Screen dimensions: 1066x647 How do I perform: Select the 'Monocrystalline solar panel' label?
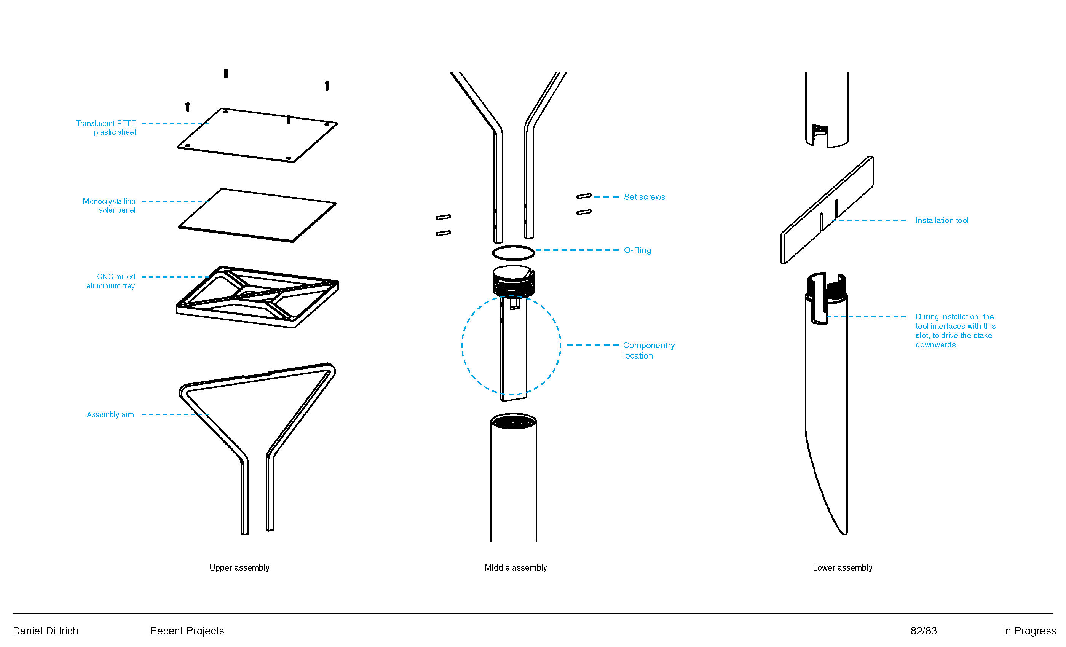(109, 206)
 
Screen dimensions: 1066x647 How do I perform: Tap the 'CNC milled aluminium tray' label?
(111, 281)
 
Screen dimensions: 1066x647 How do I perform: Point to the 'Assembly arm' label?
(110, 414)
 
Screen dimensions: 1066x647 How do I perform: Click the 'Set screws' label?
(644, 197)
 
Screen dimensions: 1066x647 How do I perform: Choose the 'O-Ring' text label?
(637, 250)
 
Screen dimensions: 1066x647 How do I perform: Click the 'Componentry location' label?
(648, 350)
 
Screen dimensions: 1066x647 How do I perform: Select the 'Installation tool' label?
(942, 220)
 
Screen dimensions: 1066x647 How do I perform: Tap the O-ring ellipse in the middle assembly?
(513, 253)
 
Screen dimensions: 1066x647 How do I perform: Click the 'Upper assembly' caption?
(239, 567)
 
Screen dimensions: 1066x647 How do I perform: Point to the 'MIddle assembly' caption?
(516, 567)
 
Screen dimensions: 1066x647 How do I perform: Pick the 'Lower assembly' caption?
(842, 567)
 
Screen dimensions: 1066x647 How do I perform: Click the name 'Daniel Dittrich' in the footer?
(45, 631)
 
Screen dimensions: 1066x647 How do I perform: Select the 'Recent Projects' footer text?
(187, 631)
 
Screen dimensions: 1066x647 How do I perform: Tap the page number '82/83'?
(924, 631)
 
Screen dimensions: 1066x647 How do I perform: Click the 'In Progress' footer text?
(1029, 631)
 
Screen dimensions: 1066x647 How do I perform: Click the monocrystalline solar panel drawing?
(257, 215)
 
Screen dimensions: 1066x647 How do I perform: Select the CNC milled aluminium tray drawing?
(257, 297)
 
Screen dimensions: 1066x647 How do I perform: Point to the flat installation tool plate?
(827, 210)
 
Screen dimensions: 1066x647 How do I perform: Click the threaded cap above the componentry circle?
(513, 281)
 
